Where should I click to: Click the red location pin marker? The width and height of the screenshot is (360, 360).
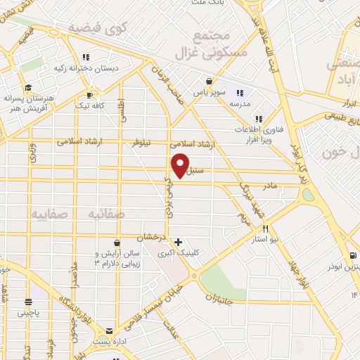[180, 165]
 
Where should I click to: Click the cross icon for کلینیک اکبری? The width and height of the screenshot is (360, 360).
[179, 241]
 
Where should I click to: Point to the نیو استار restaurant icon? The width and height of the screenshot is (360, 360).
[266, 228]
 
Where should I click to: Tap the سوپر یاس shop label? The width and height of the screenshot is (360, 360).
[229, 92]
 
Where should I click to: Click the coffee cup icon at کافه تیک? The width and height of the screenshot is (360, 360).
[89, 94]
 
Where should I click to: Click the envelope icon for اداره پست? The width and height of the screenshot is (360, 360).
[109, 330]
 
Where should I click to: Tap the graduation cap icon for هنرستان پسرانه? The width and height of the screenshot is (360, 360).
[28, 88]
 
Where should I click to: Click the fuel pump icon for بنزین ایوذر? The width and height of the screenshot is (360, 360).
[352, 255]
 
